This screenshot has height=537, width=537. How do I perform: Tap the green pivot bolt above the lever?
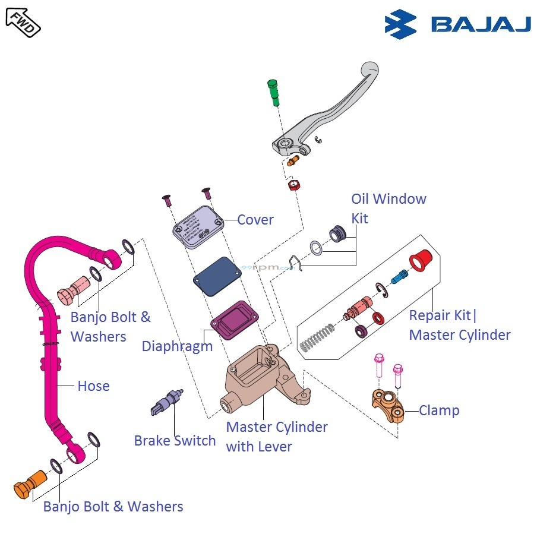point(273,93)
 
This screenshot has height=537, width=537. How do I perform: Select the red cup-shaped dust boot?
point(422,259)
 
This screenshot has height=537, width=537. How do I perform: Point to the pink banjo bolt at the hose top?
point(71,291)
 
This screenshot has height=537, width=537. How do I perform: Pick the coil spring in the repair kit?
point(315,340)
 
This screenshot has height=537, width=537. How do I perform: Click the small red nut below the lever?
point(292,185)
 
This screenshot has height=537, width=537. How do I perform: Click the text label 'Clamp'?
point(439,410)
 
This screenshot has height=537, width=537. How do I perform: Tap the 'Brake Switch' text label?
point(175,441)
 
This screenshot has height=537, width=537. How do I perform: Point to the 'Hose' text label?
point(93,386)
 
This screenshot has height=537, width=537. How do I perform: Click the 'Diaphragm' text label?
point(177,346)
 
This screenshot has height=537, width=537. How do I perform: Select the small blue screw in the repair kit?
point(399,276)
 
